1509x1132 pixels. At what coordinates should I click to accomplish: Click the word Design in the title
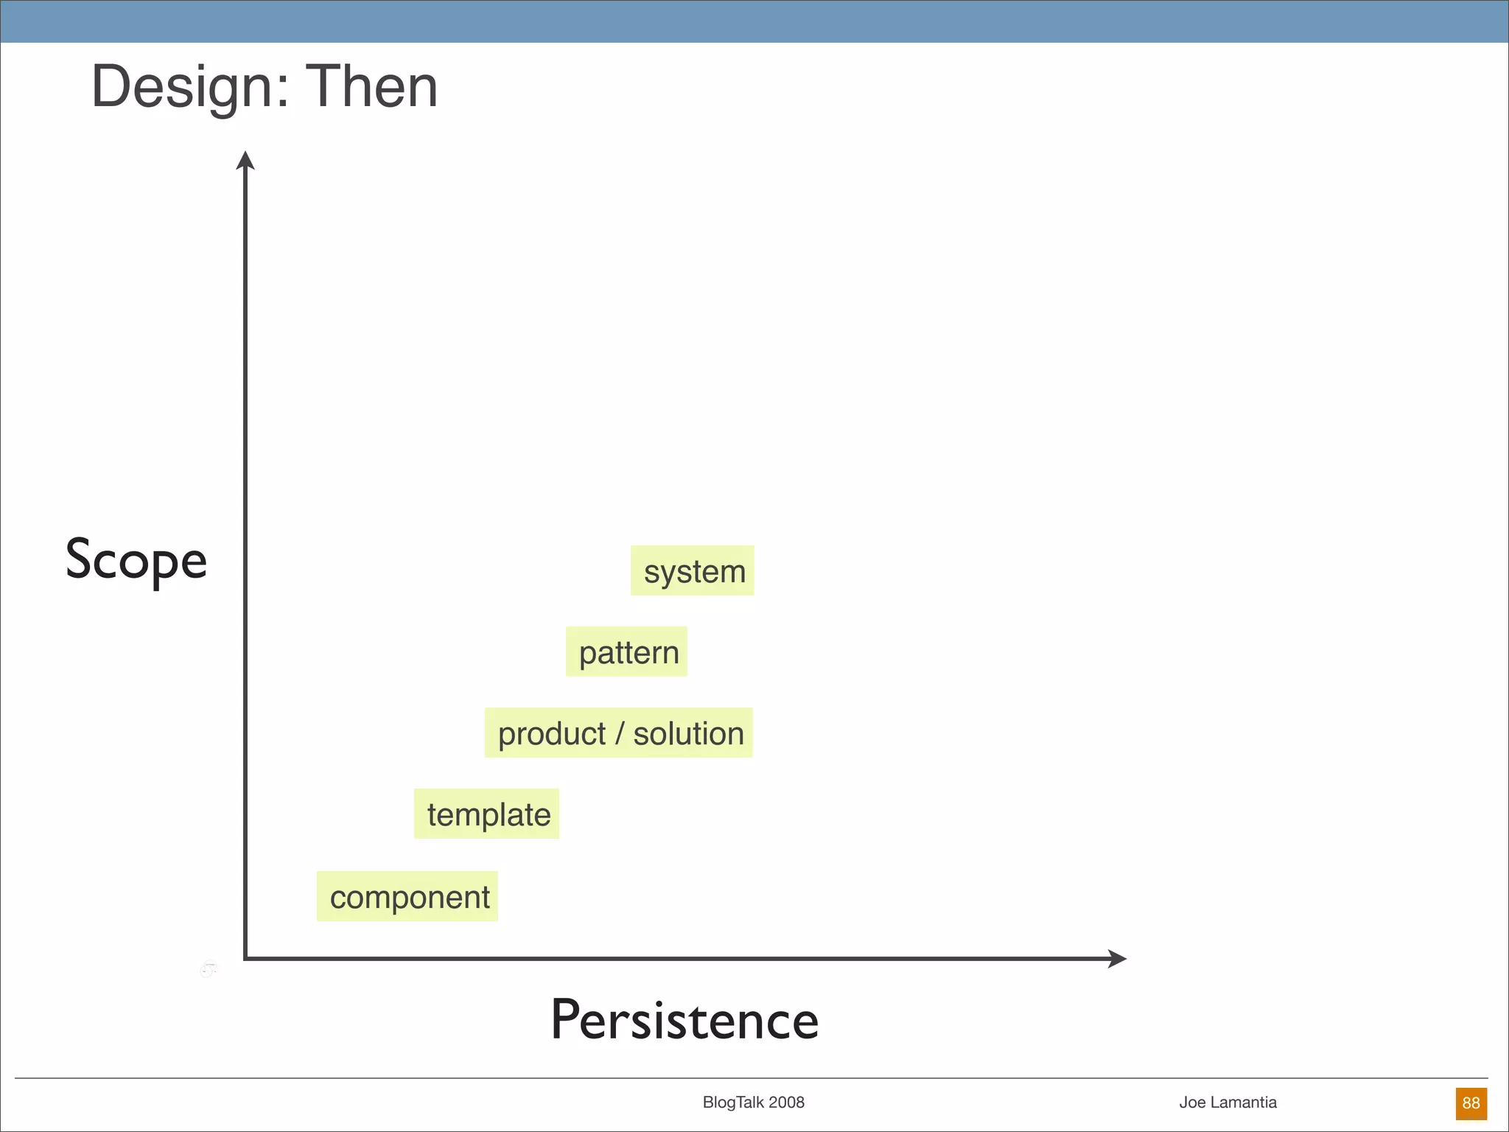click(181, 87)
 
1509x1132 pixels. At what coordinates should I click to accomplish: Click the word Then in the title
click(371, 87)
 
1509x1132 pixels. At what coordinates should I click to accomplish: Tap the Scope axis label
click(136, 560)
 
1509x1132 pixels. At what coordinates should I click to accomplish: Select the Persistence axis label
click(685, 1020)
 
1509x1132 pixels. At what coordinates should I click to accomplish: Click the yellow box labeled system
click(693, 571)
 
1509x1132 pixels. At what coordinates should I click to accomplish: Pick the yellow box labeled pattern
click(627, 652)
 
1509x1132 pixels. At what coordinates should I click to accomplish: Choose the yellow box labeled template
click(487, 814)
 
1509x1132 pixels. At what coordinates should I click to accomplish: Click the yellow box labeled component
click(408, 897)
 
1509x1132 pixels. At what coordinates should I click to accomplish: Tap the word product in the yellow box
click(552, 734)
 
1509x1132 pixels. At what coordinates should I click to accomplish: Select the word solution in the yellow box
click(689, 734)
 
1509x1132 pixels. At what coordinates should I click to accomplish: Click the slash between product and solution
click(620, 734)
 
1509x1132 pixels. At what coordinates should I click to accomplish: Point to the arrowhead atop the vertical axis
click(245, 160)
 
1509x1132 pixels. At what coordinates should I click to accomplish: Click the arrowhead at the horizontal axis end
click(1118, 959)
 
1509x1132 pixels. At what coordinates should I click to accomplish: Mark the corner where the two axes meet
click(246, 958)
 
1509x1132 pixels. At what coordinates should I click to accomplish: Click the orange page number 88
click(1471, 1103)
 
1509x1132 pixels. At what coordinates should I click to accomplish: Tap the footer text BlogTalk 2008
click(753, 1103)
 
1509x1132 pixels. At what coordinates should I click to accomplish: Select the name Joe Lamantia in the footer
click(1228, 1103)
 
